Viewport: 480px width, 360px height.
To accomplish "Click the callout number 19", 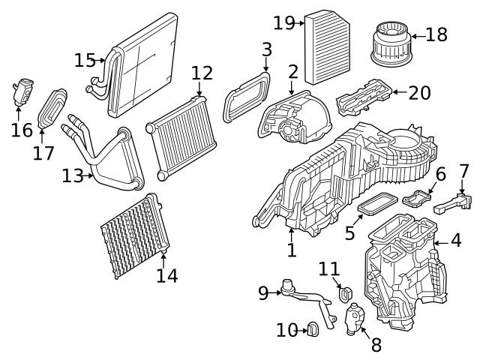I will tap(283, 22).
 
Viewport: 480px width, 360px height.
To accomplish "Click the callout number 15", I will tap(85, 59).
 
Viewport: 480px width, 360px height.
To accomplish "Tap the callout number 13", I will tap(73, 175).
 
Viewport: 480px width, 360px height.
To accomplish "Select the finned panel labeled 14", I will tap(133, 236).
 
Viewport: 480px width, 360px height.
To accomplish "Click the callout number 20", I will tap(420, 93).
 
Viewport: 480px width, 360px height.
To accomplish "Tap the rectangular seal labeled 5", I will tap(377, 202).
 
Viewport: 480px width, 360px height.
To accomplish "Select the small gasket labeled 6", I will tap(417, 199).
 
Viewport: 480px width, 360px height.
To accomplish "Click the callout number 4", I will tap(456, 241).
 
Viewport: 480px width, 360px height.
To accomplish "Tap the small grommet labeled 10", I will tap(312, 328).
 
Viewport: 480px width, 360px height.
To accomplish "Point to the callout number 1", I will tap(292, 250).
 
